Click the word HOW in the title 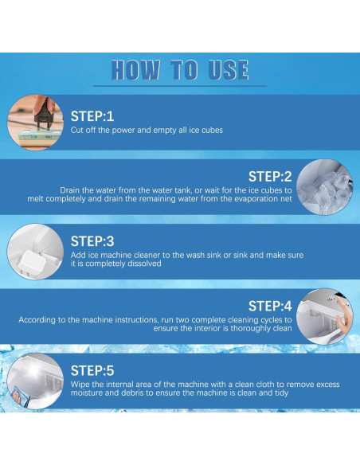click(x=135, y=70)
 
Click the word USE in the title click(x=229, y=70)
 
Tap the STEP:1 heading click(x=92, y=116)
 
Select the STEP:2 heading click(x=270, y=177)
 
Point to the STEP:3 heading click(x=92, y=241)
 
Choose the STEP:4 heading click(x=270, y=306)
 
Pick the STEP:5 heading click(x=92, y=371)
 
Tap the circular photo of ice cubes click(x=324, y=187)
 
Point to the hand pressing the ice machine click(x=344, y=318)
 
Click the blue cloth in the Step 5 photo click(x=22, y=396)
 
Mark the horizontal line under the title click(x=180, y=86)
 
